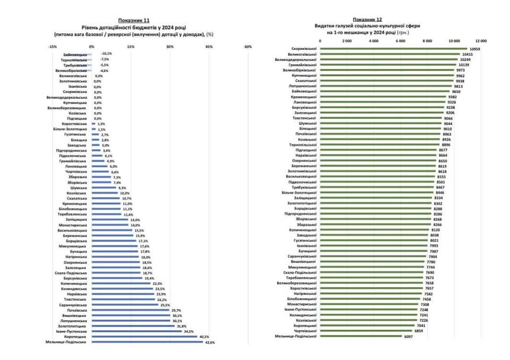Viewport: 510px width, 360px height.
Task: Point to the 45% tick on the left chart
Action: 209,47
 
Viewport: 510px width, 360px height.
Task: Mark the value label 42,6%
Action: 210,342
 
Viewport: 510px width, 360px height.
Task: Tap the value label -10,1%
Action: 106,54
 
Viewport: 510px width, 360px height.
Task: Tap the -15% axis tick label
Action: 53,47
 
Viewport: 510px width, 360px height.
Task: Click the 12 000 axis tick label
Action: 481,41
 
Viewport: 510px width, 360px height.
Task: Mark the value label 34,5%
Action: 189,331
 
